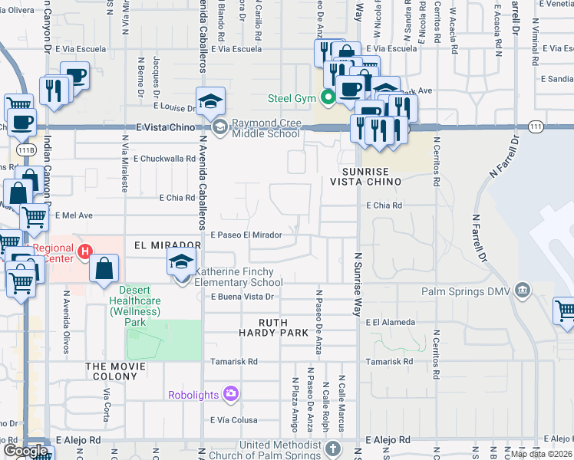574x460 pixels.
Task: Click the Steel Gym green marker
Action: pos(328,97)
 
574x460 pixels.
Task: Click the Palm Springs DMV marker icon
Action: pos(523,291)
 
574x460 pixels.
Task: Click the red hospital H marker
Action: pos(85,251)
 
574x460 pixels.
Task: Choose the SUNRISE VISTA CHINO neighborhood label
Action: pos(365,176)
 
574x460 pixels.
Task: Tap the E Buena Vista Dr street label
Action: pos(242,296)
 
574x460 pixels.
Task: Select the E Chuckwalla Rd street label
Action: pos(165,159)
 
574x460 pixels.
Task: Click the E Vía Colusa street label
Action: pos(233,420)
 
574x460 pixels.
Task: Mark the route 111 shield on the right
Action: pos(536,126)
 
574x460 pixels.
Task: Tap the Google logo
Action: pos(26,451)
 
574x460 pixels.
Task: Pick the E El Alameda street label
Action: pos(391,322)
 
